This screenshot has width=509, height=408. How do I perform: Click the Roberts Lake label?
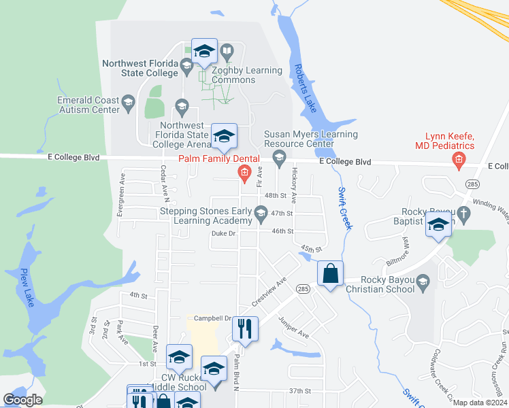304,89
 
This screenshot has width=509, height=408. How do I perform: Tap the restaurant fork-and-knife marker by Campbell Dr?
245,328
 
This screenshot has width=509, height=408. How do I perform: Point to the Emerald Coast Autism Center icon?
128,104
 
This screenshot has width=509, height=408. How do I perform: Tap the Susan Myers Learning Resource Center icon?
278,158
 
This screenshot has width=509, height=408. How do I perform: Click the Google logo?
22,400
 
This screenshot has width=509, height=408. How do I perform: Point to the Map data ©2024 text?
479,403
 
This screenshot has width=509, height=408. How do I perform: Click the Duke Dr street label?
223,234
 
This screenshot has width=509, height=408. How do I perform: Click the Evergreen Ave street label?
122,194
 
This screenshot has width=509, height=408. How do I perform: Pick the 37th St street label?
299,391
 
